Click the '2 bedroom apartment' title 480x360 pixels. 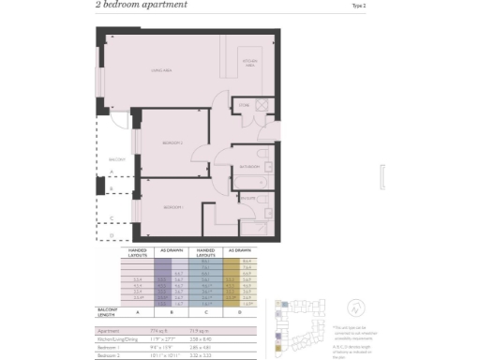click(x=141, y=5)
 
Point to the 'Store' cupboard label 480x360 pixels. click(x=244, y=105)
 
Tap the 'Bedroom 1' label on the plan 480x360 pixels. click(x=171, y=206)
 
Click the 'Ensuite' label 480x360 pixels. click(x=247, y=198)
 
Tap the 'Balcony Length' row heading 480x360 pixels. click(x=109, y=311)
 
